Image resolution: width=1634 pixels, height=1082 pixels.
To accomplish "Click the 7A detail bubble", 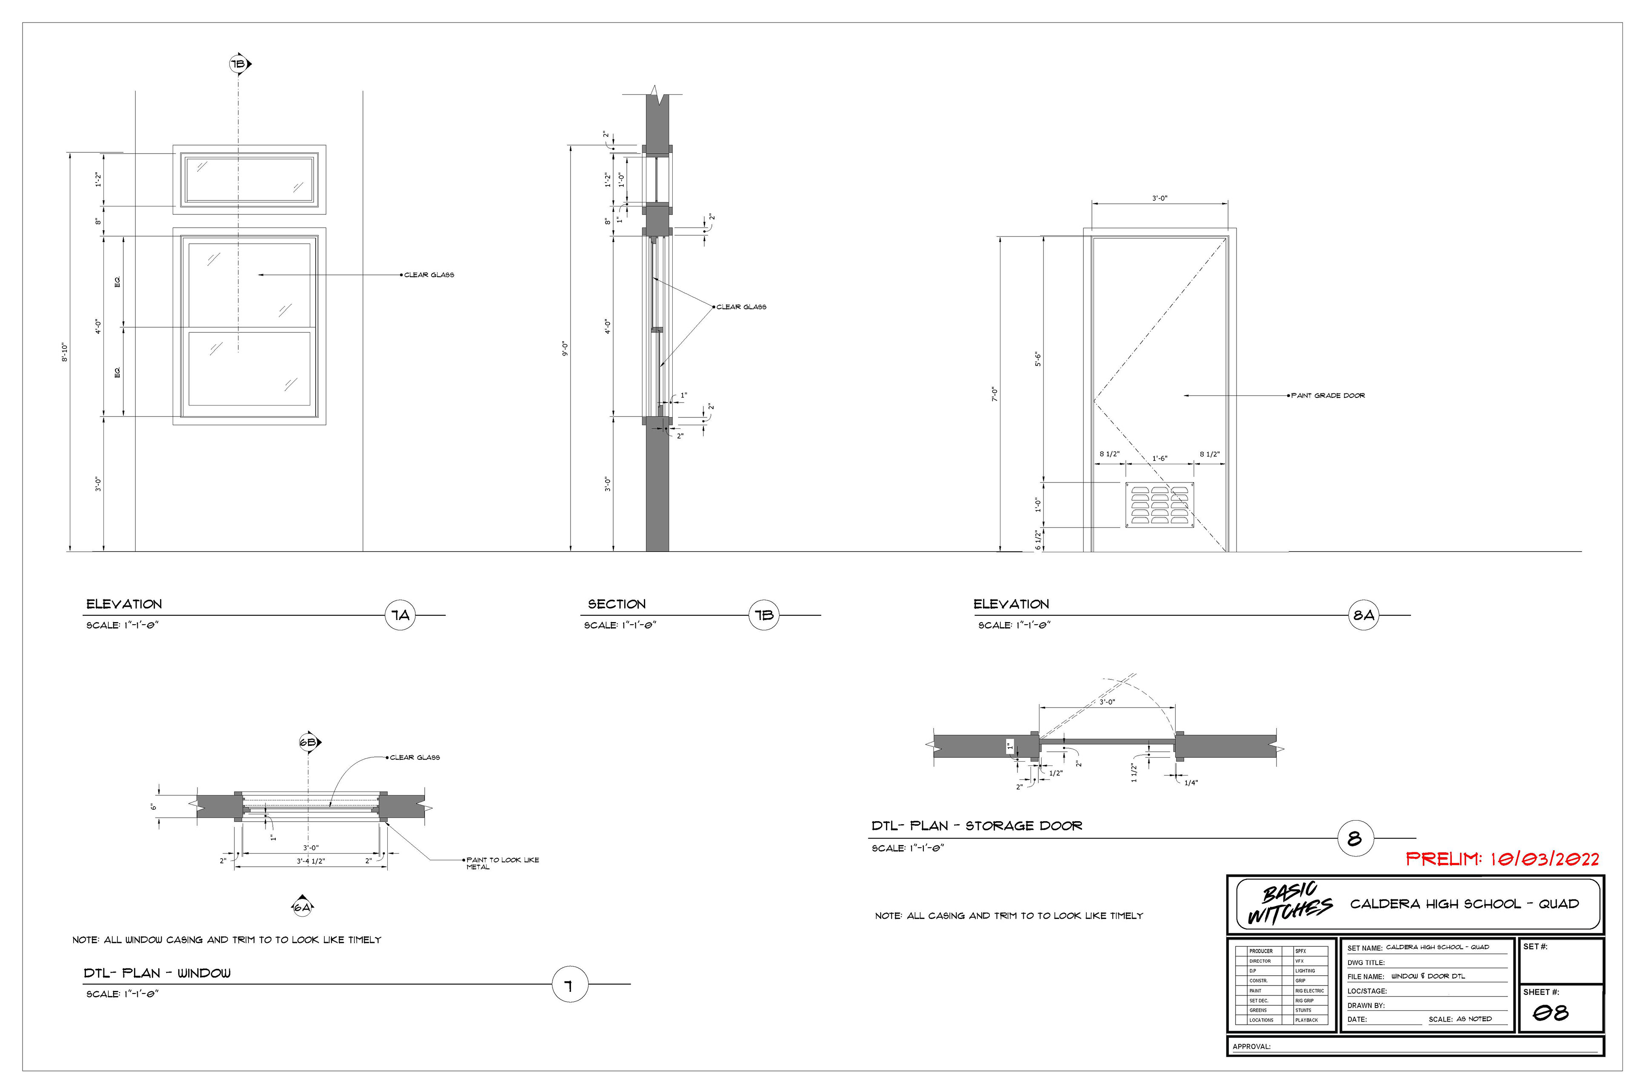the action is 401,615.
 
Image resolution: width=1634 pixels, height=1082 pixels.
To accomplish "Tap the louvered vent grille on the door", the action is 1159,505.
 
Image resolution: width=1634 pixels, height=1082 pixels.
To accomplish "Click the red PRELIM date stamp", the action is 1502,859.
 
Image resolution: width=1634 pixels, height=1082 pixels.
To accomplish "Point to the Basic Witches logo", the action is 1288,903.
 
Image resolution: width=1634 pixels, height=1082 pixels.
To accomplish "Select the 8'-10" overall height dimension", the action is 65,352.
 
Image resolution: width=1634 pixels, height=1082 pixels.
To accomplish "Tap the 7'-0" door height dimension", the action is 994,394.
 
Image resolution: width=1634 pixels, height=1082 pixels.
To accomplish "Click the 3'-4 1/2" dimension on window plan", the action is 311,861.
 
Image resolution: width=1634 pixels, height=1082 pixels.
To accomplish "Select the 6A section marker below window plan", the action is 302,907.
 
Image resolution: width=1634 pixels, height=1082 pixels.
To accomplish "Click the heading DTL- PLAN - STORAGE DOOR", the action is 977,826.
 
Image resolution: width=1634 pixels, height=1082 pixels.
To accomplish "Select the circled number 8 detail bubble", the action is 1354,839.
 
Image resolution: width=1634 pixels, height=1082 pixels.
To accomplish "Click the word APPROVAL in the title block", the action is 1251,1047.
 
